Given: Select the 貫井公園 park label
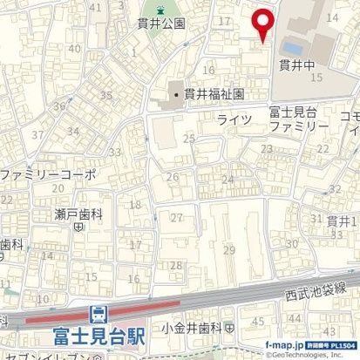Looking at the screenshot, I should (x=160, y=24).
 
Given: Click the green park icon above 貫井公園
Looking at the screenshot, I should (x=160, y=10).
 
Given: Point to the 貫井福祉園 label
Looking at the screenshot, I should (x=213, y=93).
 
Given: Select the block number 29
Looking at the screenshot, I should (x=229, y=250).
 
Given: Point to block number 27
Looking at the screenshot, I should (x=177, y=218).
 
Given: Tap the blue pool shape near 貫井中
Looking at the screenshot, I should (x=294, y=45).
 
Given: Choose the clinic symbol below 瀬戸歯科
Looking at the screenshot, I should (x=78, y=227).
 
